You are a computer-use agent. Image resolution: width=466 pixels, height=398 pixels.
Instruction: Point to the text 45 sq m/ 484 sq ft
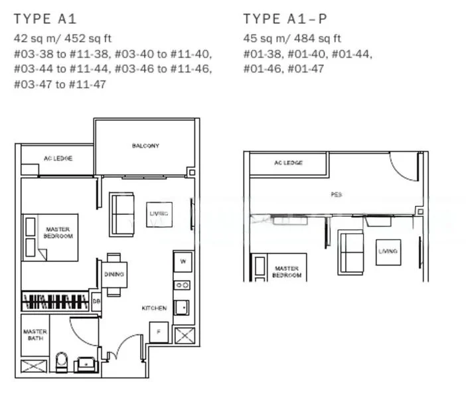(x=291, y=38)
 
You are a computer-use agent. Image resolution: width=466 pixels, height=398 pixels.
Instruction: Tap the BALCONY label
(x=145, y=146)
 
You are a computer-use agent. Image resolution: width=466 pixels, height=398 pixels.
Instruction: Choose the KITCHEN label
(x=154, y=308)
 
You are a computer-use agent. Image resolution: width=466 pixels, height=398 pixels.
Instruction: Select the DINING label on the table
(x=114, y=274)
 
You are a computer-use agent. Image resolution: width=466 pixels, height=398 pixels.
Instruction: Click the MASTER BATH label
(x=35, y=335)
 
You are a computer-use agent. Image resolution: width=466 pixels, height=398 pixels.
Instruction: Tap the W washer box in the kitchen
(x=183, y=262)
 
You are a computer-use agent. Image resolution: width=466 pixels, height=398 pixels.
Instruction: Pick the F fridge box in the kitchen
(x=158, y=332)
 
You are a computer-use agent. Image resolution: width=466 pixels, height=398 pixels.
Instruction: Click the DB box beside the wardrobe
(x=96, y=302)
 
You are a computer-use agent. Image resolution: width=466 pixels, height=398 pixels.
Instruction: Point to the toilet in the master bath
(x=62, y=362)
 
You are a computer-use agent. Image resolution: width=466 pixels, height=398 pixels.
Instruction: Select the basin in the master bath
(x=86, y=364)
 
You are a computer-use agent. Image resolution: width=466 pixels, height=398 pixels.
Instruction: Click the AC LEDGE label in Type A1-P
(x=289, y=163)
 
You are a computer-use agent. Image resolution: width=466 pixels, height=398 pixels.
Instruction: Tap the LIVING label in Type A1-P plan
(x=388, y=251)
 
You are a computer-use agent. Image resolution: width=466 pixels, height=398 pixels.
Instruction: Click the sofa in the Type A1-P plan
(x=350, y=251)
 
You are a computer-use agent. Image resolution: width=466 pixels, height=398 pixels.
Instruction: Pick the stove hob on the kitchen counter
(x=182, y=285)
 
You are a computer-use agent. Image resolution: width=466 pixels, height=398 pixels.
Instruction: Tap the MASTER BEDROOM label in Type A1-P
(x=287, y=271)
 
